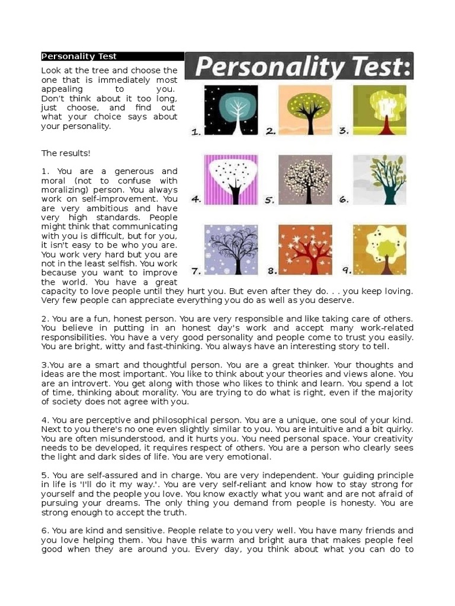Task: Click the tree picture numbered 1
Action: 231,110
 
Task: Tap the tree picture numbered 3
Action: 380,110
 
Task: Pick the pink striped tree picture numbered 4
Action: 231,179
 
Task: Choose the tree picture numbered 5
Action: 305,179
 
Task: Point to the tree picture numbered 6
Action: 380,179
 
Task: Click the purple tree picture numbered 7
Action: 231,249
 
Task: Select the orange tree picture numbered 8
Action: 305,249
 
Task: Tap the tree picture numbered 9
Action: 380,249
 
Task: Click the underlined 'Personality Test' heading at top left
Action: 79,57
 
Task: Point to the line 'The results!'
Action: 66,153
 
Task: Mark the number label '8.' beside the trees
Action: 272,271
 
